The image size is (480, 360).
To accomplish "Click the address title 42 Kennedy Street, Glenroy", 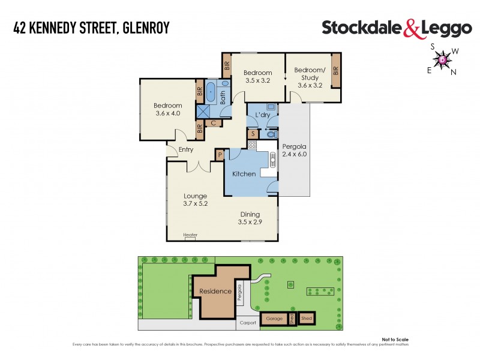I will tap(92, 28).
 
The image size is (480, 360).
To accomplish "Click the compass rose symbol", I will tap(443, 59).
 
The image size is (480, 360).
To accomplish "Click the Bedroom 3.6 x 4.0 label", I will tap(169, 110).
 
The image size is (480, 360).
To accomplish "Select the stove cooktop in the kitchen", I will tap(253, 145).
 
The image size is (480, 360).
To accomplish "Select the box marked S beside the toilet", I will tap(253, 134).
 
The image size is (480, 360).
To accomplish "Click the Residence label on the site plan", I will tap(215, 292).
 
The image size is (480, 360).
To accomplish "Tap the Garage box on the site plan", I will tap(274, 319).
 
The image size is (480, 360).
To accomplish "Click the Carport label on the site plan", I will tap(248, 323).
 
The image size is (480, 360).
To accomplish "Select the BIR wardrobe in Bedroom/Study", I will tap(336, 70).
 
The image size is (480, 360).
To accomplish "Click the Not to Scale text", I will tap(394, 339).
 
